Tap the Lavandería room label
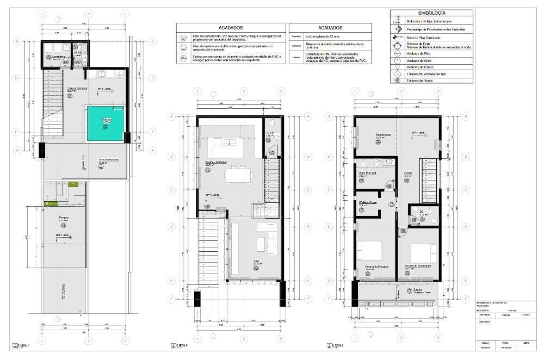tap(55, 57)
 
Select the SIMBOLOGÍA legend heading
tap(432, 12)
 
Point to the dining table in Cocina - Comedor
tap(238, 175)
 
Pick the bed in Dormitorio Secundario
tap(423, 252)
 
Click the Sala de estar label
tap(384, 134)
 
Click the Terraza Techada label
tap(77, 88)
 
